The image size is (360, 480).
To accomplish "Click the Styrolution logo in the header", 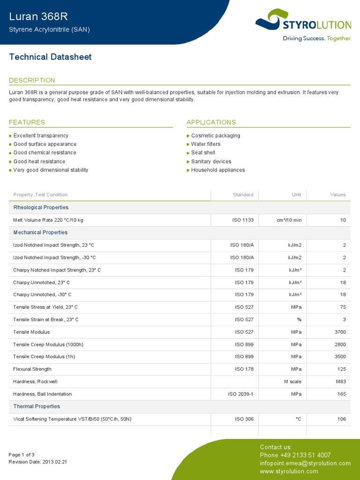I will click(303, 24).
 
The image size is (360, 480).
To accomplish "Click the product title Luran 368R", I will click(38, 16).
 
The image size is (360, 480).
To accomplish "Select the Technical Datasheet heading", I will click(50, 57).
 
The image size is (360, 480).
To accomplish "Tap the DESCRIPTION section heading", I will click(32, 80).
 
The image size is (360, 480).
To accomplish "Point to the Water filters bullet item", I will click(205, 144).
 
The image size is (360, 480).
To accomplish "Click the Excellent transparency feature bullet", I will click(41, 135).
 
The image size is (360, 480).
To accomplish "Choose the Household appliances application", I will click(217, 170).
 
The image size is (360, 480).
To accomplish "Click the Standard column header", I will click(243, 195).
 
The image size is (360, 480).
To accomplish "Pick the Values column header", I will click(337, 195).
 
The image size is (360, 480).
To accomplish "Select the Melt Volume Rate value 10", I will click(343, 220).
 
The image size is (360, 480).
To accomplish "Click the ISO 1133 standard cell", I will click(243, 220).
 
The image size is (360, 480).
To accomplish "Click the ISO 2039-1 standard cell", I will click(240, 394).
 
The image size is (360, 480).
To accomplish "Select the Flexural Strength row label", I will click(32, 369).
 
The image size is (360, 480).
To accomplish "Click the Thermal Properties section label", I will click(37, 406).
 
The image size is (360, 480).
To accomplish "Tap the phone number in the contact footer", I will click(295, 455).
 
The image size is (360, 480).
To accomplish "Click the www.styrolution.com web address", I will click(289, 471).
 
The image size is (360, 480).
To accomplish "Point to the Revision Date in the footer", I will click(38, 462).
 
